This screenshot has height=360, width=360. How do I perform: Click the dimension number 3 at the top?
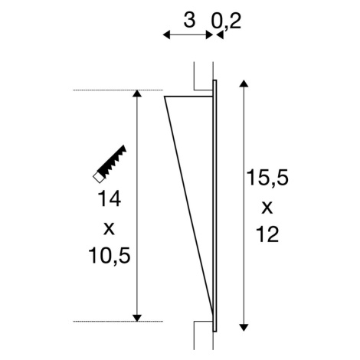tap(189, 20)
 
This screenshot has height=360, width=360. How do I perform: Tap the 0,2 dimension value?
tap(226, 21)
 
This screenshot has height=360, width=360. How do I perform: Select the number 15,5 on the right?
tap(267, 178)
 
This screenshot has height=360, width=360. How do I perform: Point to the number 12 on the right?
tap(267, 234)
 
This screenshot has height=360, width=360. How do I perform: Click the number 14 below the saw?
tap(109, 198)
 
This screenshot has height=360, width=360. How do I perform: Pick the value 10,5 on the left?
tap(110, 256)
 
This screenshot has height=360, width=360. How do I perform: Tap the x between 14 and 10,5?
tap(110, 229)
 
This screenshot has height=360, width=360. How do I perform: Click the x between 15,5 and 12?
tap(267, 208)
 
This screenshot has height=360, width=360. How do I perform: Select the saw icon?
tap(110, 164)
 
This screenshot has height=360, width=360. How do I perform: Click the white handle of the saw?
tap(99, 177)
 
